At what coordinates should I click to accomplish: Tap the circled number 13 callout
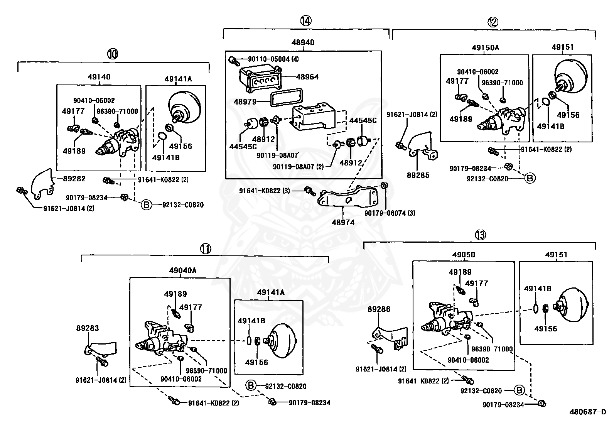point(480,234)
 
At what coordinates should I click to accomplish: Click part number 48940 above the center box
point(303,42)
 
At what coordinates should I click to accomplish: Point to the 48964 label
point(307,77)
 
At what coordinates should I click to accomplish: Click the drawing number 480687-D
point(587,412)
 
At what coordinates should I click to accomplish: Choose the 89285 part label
point(418,175)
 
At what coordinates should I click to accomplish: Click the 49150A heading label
point(485,48)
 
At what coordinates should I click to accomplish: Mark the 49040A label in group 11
point(182,270)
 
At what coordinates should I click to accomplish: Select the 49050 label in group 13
point(464,255)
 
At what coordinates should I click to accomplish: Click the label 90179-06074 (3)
point(390,213)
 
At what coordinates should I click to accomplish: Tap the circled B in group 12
point(530,178)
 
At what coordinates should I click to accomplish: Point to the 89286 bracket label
point(379,309)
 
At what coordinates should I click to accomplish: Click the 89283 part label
point(88,328)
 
